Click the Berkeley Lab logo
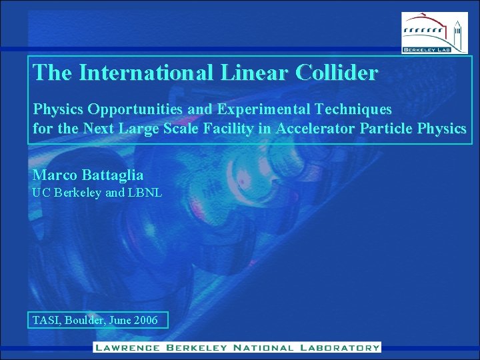coord(431,32)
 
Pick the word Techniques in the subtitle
coord(353,109)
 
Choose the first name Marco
coord(55,175)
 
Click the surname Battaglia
coord(113,175)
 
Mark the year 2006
coord(145,321)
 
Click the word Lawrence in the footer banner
coord(127,347)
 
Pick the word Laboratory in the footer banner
coord(339,347)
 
